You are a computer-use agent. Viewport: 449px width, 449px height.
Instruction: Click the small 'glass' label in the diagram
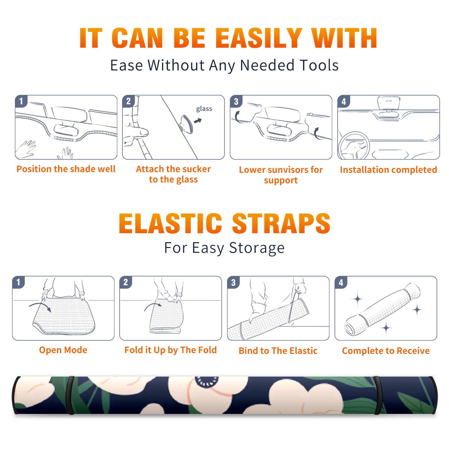click(x=204, y=109)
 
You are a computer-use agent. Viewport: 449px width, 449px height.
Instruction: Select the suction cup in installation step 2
click(x=186, y=124)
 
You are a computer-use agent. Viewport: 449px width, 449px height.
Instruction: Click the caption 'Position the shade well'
click(x=66, y=169)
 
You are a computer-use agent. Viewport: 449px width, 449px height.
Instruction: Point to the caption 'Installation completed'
click(x=388, y=170)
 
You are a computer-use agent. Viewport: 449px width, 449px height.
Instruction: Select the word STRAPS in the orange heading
click(x=281, y=223)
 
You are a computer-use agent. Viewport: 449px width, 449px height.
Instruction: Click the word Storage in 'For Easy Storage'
click(x=257, y=248)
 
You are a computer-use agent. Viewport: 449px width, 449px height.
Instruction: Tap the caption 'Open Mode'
click(x=63, y=350)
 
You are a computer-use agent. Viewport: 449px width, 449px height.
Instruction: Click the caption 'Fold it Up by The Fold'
click(x=171, y=350)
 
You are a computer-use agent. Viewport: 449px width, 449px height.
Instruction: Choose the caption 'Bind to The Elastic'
click(x=278, y=351)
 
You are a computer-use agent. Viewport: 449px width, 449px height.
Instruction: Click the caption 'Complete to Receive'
click(x=386, y=351)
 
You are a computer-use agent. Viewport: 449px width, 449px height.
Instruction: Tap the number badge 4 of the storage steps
click(x=341, y=282)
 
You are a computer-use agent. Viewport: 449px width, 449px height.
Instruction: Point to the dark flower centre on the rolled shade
click(x=207, y=381)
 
